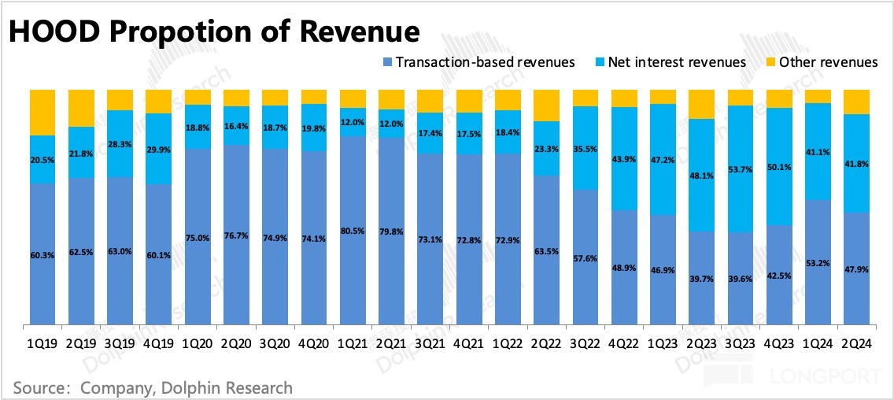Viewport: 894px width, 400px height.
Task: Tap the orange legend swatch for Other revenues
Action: coord(770,62)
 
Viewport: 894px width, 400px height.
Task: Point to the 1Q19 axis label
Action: coord(42,343)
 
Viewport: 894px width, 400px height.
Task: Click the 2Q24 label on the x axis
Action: coord(856,343)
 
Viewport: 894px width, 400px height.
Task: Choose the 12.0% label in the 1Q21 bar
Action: coord(353,122)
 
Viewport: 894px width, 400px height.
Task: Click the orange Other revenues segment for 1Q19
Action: coord(42,113)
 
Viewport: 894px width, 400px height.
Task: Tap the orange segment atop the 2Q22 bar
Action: coord(546,105)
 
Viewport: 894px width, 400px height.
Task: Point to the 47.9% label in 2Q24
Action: coord(856,269)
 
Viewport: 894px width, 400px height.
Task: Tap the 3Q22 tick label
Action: coord(586,343)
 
